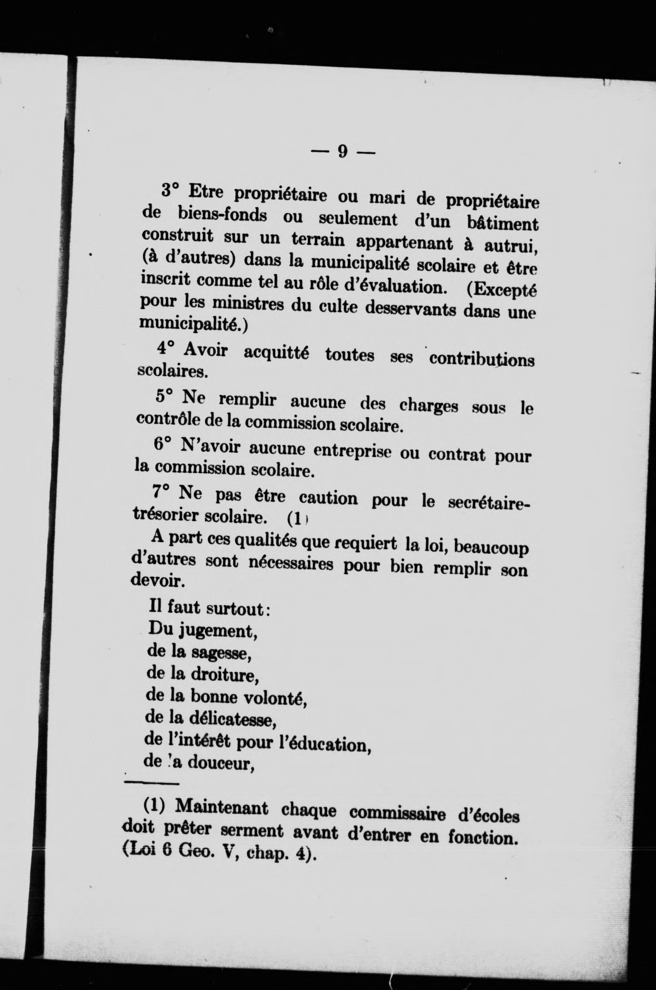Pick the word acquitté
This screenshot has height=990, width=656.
coord(276,353)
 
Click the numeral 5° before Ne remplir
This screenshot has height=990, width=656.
coord(164,396)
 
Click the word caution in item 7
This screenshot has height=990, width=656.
coord(329,498)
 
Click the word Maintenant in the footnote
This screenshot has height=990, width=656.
coord(221,807)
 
